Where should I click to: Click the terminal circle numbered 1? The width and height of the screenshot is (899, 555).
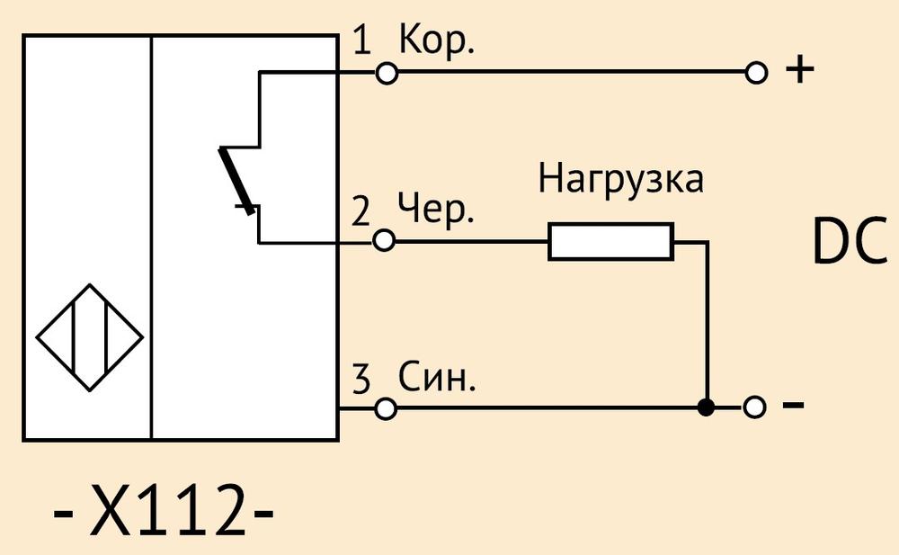tap(387, 73)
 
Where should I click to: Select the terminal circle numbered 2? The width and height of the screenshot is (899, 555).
tap(384, 240)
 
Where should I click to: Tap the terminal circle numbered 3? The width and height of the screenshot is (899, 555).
tap(386, 408)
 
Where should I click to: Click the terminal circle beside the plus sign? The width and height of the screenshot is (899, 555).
tap(756, 73)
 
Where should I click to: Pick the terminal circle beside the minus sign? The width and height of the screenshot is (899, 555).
tap(754, 407)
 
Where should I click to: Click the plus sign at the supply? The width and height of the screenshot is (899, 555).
tap(800, 69)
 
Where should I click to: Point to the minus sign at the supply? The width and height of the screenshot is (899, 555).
tap(794, 405)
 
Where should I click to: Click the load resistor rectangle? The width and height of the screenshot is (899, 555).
tap(610, 242)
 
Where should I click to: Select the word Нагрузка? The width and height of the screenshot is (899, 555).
tap(620, 179)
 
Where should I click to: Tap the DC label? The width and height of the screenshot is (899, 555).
tap(850, 242)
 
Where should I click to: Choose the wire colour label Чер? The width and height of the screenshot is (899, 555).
tap(436, 209)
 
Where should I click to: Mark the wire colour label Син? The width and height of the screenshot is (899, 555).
tap(438, 377)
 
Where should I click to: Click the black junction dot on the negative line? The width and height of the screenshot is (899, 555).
tap(707, 407)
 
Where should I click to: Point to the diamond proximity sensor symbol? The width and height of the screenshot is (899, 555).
tap(89, 337)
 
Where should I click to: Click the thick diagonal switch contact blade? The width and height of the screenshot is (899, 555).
tap(236, 181)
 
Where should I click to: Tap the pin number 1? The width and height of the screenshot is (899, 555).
tap(361, 40)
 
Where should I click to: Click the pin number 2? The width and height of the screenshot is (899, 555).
tap(360, 210)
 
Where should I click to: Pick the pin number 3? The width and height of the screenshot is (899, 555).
tap(361, 379)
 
